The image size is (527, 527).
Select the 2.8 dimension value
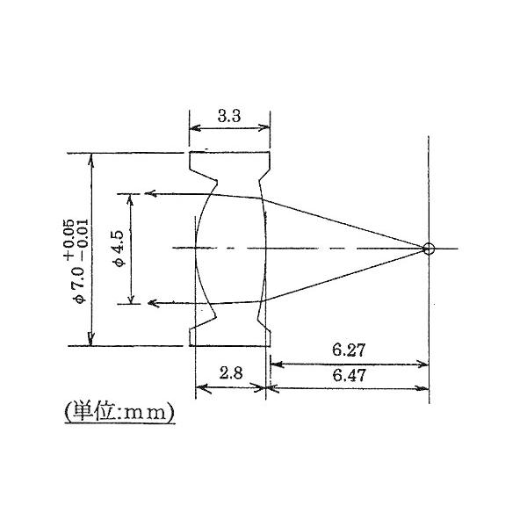click(230, 372)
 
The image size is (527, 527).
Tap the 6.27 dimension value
click(349, 349)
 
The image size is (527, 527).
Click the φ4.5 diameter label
click(118, 248)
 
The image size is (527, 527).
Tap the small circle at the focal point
click(428, 249)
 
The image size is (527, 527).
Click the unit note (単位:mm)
click(119, 410)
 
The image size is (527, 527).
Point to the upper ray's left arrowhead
click(151, 193)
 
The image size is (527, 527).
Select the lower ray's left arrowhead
click(151, 303)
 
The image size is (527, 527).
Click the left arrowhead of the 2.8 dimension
click(199, 386)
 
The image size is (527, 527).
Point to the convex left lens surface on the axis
click(193, 249)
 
